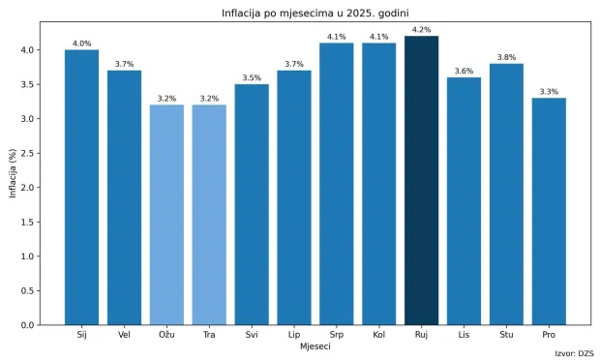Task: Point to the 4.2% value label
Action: pyautogui.click(x=421, y=29)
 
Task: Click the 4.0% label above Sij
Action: pyautogui.click(x=81, y=43)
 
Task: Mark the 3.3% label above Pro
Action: pyautogui.click(x=549, y=91)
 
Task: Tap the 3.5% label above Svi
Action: pyautogui.click(x=252, y=77)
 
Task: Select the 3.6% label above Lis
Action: pyautogui.click(x=464, y=71)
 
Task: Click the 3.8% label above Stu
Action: pyautogui.click(x=506, y=57)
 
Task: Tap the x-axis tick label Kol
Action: pyautogui.click(x=378, y=335)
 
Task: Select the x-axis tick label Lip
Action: pyautogui.click(x=294, y=335)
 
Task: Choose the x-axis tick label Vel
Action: pyautogui.click(x=124, y=335)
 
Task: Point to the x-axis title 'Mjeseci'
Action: pyautogui.click(x=315, y=346)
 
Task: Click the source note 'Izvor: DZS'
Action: pyautogui.click(x=575, y=353)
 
